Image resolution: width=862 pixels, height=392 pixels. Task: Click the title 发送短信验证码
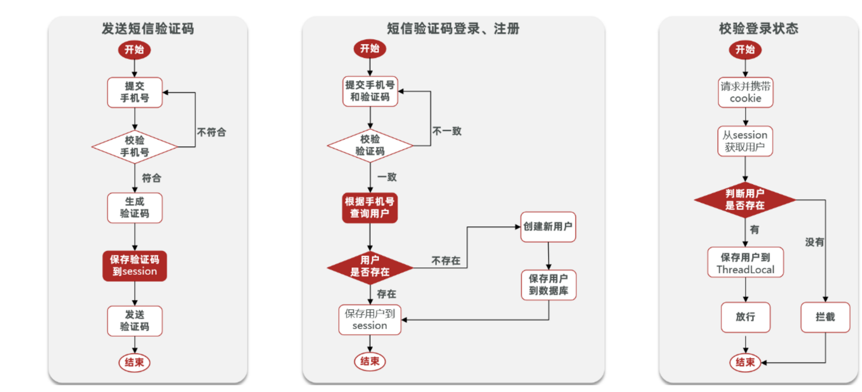[147, 29]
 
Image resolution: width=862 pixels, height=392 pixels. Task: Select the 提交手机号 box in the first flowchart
[134, 92]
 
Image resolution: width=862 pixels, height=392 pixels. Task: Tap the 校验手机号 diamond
[134, 146]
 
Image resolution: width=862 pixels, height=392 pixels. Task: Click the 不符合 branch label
[211, 132]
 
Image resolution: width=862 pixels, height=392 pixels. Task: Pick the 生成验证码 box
[134, 207]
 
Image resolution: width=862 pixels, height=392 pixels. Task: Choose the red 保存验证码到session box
[134, 265]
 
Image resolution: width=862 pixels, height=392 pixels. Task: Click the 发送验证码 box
[134, 321]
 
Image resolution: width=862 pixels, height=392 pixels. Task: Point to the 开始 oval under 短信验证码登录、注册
[370, 48]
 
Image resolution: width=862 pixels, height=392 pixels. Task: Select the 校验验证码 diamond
[370, 145]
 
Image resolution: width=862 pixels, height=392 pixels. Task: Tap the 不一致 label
[447, 131]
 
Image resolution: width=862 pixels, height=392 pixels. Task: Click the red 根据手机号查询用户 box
[370, 207]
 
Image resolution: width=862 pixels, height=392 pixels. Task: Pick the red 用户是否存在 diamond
[370, 266]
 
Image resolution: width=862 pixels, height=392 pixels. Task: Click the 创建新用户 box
[548, 227]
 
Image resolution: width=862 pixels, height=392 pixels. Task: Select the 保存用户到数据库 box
[548, 285]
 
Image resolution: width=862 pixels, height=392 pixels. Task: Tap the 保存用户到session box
[370, 320]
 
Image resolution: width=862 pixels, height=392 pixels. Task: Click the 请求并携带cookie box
[745, 92]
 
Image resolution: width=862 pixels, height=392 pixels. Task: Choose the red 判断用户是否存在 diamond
[745, 200]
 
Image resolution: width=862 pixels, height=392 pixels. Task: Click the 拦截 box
[825, 317]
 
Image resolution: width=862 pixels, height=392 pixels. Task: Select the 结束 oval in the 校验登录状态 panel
[745, 362]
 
